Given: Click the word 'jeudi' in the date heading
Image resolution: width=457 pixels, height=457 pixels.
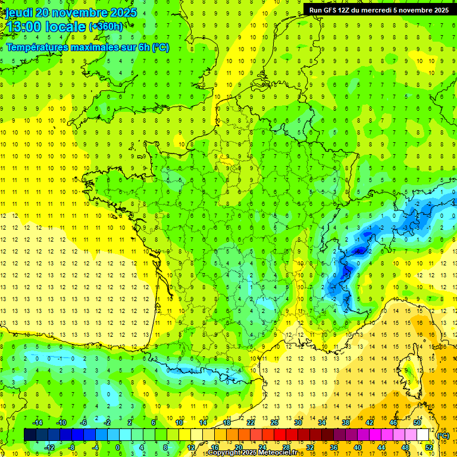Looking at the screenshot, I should click(x=19, y=12).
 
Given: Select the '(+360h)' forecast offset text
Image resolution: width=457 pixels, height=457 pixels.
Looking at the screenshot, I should click(x=105, y=27).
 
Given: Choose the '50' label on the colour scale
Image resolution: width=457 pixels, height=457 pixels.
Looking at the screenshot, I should click(x=417, y=422).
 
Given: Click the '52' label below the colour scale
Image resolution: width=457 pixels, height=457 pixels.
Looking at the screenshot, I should click(x=428, y=447).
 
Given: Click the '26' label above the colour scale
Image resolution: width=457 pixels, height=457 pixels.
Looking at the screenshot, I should click(x=274, y=422).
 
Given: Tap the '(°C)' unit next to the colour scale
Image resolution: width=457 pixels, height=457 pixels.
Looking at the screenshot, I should click(x=443, y=436).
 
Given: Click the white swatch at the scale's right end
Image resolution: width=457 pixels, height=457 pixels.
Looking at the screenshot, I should click(x=423, y=435).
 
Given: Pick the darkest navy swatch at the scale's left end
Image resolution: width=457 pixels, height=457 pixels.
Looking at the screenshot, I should click(x=30, y=435).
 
